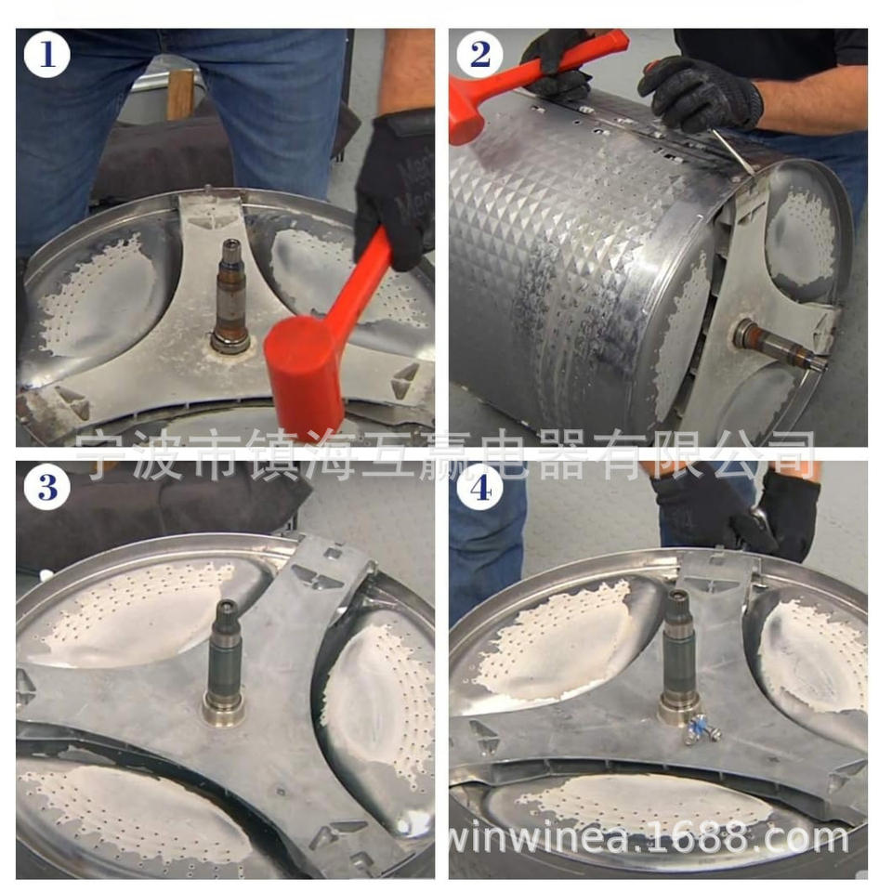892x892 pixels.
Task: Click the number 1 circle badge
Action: point(46,55)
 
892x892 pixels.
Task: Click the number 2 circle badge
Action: point(479,55)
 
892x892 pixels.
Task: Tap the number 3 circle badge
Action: point(46,488)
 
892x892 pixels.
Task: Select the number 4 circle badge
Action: point(479,488)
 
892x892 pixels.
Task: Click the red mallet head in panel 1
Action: point(305,374)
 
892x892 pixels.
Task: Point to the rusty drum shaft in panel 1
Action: point(231,295)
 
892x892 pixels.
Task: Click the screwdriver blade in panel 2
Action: point(733,151)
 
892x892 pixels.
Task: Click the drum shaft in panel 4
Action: point(678,657)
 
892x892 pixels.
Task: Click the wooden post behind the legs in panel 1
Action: point(180,94)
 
